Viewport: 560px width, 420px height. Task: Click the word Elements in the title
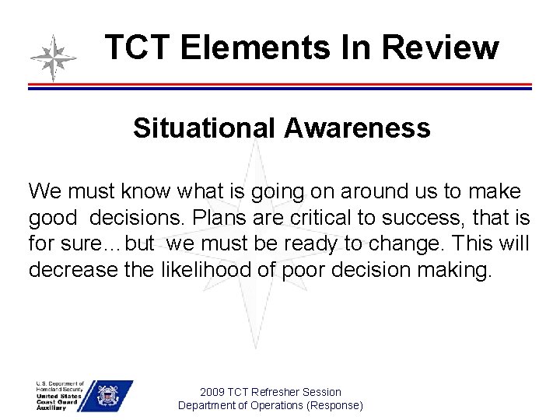pyautogui.click(x=247, y=47)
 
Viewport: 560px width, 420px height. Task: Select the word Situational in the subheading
pyautogui.click(x=204, y=128)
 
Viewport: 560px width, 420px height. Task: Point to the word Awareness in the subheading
pyautogui.click(x=357, y=128)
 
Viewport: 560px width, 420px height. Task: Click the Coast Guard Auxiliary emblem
pyautogui.click(x=106, y=396)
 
